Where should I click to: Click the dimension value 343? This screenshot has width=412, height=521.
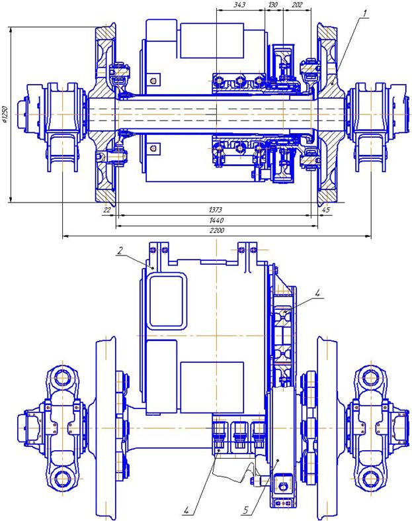[239, 5]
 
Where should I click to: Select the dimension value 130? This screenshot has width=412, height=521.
[273, 5]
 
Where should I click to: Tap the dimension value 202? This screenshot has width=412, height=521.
[297, 5]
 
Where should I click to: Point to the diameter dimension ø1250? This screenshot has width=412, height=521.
[5, 115]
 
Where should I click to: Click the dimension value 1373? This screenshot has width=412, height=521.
[216, 210]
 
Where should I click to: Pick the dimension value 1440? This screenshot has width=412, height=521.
[216, 220]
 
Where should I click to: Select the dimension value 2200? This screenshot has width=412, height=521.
[216, 230]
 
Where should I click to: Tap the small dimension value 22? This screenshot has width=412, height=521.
[107, 210]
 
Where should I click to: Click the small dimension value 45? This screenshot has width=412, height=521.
[326, 210]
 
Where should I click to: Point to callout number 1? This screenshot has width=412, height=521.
[364, 14]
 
